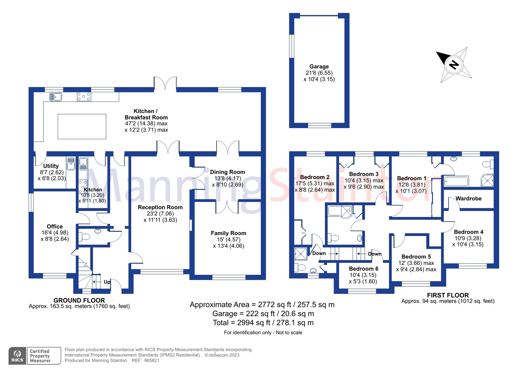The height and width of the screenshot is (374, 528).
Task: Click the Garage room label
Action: [x=319, y=66]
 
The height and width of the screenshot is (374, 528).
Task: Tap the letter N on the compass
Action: [x=454, y=64]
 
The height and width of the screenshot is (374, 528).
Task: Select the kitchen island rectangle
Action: [x=82, y=126]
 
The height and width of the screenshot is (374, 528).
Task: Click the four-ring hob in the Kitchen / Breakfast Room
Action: [x=84, y=97]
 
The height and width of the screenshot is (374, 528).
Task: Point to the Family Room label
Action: [x=229, y=233]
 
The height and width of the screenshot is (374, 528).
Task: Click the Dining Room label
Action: [x=228, y=172]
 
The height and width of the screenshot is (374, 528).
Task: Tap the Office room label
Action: [x=54, y=227]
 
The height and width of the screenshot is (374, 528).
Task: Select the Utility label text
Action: [x=51, y=166]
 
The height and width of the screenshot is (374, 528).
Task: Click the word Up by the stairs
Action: [x=107, y=282]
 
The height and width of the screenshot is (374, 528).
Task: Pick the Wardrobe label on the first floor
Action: [x=468, y=198]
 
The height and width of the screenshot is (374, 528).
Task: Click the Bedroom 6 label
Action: [x=364, y=269]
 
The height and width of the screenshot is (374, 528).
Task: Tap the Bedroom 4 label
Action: [x=468, y=232]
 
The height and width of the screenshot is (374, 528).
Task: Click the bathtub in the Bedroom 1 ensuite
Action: [x=456, y=181]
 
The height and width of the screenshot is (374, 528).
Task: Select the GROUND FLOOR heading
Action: [x=79, y=300]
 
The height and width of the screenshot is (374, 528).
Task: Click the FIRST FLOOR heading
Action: [x=447, y=295]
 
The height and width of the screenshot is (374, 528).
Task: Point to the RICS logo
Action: [x=17, y=356]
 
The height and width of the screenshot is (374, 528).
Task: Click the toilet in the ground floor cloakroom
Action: [x=85, y=237]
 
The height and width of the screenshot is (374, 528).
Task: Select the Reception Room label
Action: [x=160, y=207]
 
